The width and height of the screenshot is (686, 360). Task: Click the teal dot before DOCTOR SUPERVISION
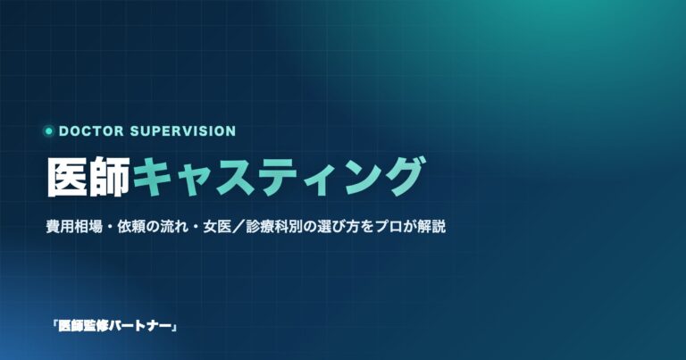(48, 130)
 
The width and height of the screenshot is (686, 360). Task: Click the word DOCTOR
(91, 130)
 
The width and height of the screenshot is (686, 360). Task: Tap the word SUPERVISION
(183, 130)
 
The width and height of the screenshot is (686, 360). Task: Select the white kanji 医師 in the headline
(88, 177)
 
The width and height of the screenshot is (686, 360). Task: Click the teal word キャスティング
(279, 177)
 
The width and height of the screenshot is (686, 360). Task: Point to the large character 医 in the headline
(67, 177)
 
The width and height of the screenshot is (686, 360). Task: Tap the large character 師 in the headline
(109, 177)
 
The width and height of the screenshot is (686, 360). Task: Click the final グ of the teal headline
(403, 177)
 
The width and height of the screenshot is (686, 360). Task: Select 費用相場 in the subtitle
(74, 227)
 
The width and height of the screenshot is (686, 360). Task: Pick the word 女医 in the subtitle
(217, 227)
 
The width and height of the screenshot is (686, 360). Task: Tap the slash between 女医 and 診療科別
(238, 227)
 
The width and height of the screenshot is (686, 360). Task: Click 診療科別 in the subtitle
(274, 227)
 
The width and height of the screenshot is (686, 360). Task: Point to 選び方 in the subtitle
(339, 227)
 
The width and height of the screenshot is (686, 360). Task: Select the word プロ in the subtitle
(389, 227)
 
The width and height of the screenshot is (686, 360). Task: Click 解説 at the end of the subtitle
(431, 227)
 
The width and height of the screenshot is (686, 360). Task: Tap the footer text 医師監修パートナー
(114, 326)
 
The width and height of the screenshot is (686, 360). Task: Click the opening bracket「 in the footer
(54, 325)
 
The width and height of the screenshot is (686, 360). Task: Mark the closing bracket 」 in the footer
(174, 327)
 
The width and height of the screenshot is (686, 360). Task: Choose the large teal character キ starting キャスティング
(152, 177)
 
